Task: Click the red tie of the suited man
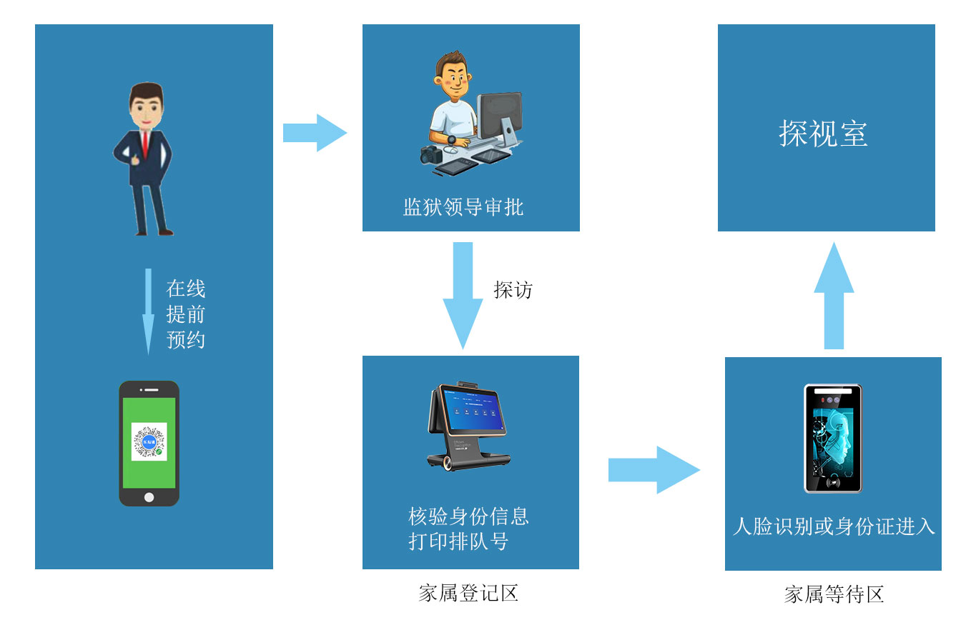click(x=144, y=143)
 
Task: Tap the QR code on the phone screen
click(x=149, y=441)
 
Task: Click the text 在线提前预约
click(x=186, y=314)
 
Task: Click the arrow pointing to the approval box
click(x=315, y=133)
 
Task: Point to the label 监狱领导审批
click(x=463, y=207)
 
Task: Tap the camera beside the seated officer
click(x=433, y=154)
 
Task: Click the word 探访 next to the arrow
click(x=513, y=289)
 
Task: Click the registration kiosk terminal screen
click(x=473, y=411)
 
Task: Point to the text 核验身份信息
click(x=468, y=516)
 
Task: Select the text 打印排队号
click(x=458, y=541)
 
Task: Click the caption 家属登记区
click(x=468, y=593)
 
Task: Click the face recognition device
click(x=833, y=439)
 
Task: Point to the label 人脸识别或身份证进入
click(x=834, y=526)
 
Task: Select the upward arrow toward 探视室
click(x=834, y=296)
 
